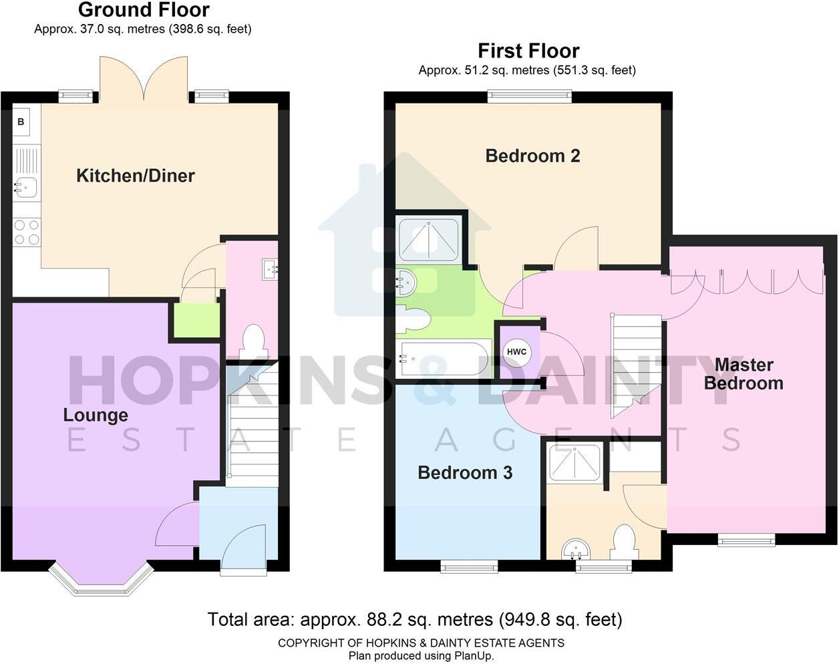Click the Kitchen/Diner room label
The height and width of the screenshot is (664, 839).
click(x=136, y=176)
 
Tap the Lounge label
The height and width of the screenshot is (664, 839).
click(x=96, y=415)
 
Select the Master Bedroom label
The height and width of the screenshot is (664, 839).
click(x=743, y=374)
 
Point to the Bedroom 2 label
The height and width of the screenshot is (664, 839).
click(x=532, y=156)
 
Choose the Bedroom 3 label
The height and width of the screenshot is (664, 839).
click(x=465, y=473)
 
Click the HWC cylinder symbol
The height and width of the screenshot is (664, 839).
click(x=516, y=352)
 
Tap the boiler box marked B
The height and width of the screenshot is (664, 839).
click(x=21, y=122)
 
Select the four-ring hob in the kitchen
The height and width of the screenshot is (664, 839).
click(x=26, y=232)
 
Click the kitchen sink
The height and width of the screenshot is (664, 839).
click(x=26, y=185)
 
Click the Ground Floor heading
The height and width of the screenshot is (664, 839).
click(x=144, y=10)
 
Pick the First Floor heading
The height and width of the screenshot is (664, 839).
click(x=528, y=51)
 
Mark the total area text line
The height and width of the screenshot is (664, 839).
click(x=415, y=619)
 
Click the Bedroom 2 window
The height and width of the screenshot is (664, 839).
click(x=530, y=96)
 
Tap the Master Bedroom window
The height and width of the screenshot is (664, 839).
click(x=746, y=539)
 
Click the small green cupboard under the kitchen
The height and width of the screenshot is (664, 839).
click(x=196, y=321)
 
